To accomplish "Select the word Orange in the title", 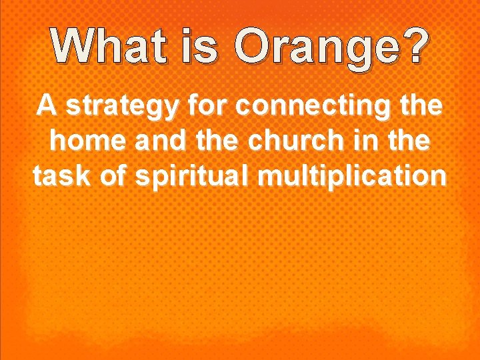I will (x=313, y=48).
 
